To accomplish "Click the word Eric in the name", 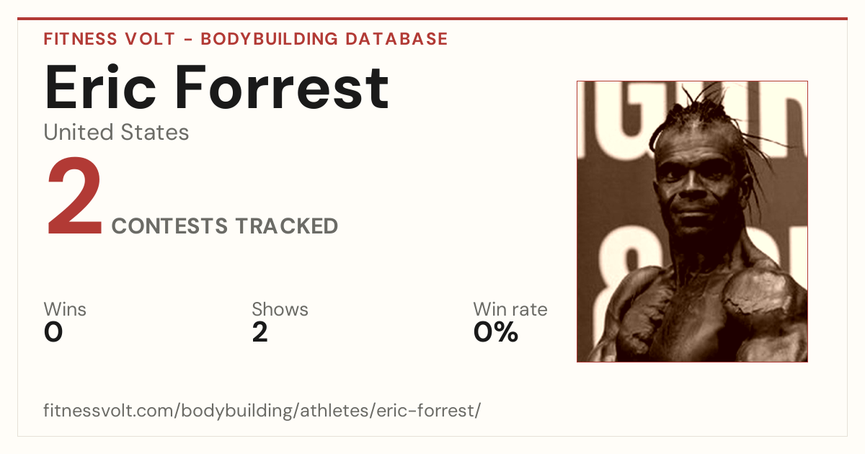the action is (x=100, y=87).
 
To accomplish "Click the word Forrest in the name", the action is (x=282, y=88).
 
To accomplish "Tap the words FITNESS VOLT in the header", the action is (x=110, y=39).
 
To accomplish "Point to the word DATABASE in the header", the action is (x=396, y=39).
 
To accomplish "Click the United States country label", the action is (x=116, y=132).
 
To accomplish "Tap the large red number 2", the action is (x=74, y=195).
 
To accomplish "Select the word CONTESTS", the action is (x=169, y=226).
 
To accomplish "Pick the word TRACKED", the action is (x=287, y=226).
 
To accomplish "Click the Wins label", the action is (x=65, y=309).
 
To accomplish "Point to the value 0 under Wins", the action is (x=53, y=332).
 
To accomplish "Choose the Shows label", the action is (x=280, y=309).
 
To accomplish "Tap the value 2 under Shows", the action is (x=260, y=332).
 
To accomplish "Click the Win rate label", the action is (x=510, y=309).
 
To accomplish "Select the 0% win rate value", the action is (x=496, y=332).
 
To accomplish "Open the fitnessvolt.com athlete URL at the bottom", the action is (x=262, y=410).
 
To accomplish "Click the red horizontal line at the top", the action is (x=432, y=19).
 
